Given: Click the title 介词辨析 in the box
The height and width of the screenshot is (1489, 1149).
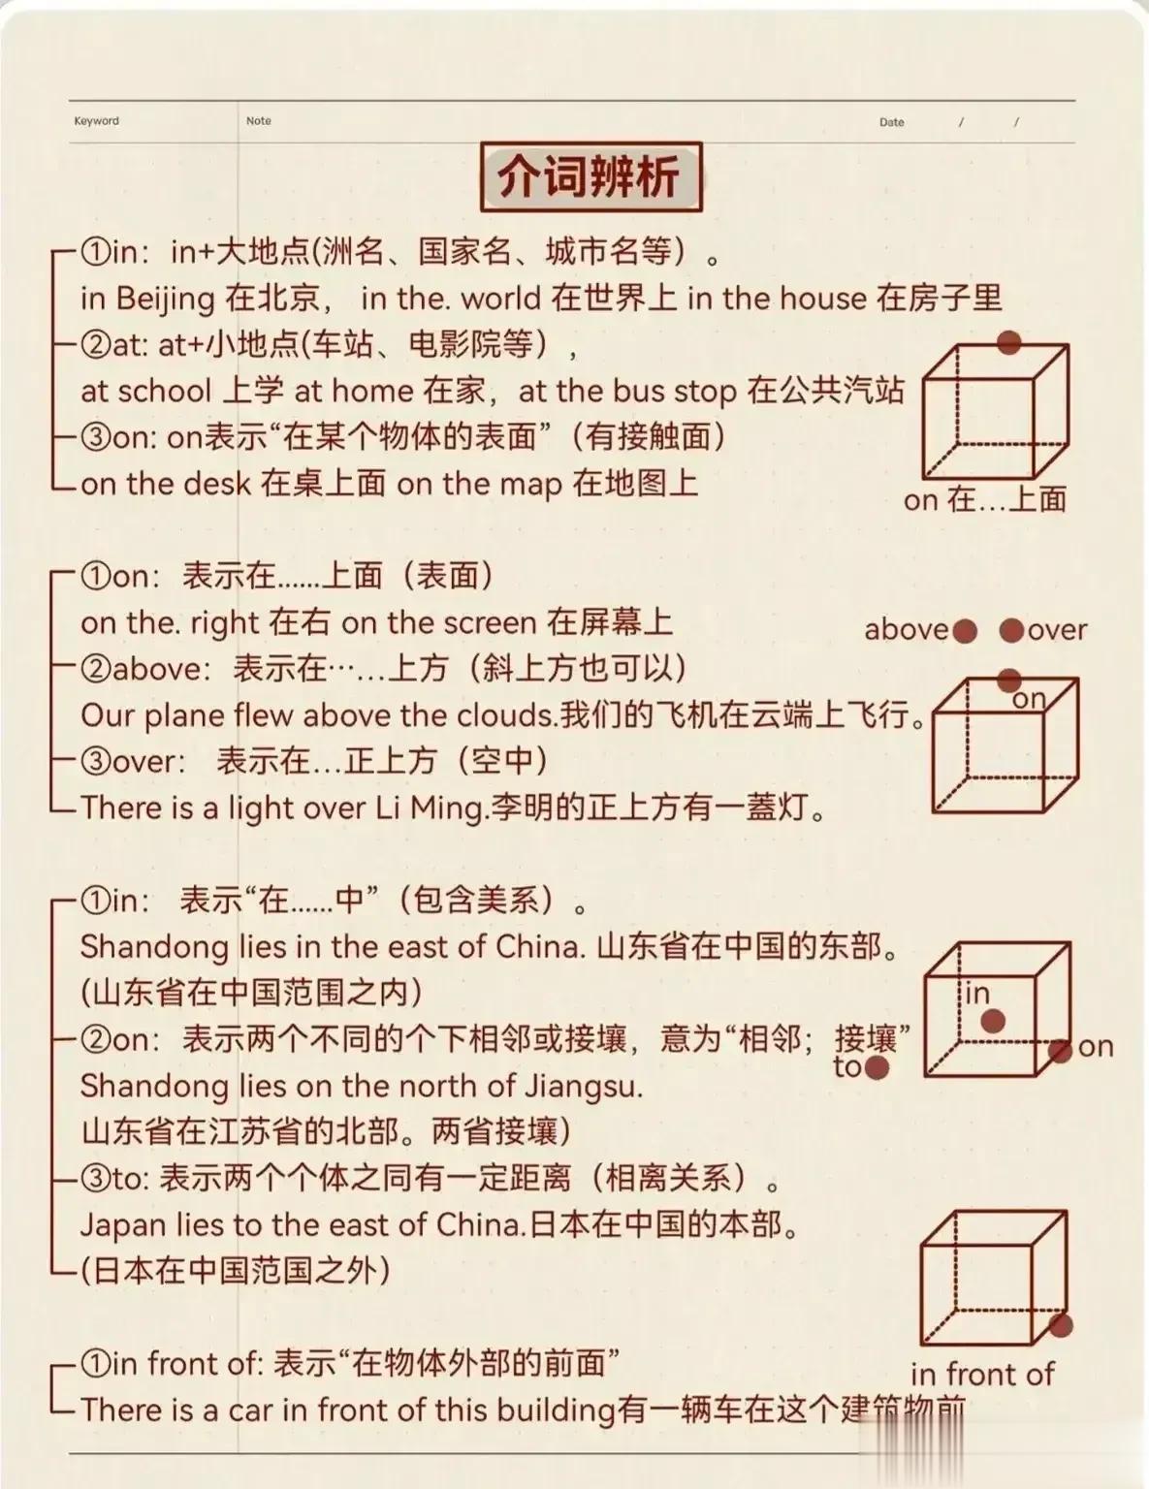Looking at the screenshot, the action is point(590,176).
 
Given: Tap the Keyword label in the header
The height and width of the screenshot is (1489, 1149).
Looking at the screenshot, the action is point(97,120).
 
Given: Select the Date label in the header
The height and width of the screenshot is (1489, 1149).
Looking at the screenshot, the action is point(891,122).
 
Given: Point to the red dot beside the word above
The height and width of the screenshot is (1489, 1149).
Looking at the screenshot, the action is point(965,630).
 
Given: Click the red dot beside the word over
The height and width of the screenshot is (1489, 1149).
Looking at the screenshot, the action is point(1011,630).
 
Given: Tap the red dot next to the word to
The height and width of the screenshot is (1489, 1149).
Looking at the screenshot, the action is point(877,1067).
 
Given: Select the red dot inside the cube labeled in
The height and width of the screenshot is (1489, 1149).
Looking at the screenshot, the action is point(993,1021).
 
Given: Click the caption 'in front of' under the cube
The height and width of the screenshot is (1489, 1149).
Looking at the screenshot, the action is point(982,1375).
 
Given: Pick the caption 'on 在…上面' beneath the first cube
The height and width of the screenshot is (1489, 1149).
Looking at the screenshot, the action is point(985,499).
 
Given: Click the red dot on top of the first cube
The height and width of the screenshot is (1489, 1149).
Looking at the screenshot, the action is point(1008,342).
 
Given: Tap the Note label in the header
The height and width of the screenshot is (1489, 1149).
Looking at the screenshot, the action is point(258,120).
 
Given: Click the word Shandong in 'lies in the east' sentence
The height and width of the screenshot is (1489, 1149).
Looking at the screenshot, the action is point(154,948).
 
